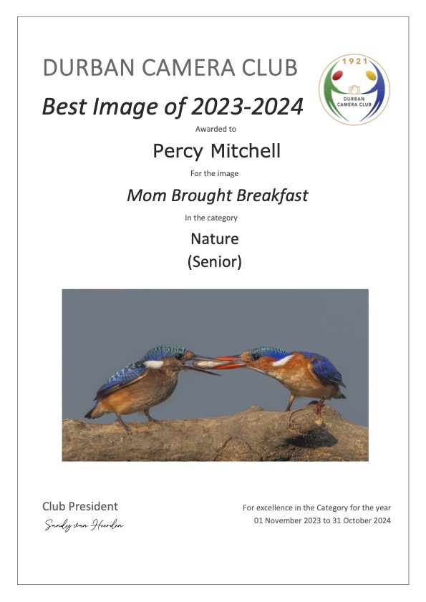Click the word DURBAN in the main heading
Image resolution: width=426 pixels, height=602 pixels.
pos(89,67)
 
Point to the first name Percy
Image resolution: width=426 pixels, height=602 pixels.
pos(178,151)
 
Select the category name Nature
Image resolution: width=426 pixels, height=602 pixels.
pos(214,239)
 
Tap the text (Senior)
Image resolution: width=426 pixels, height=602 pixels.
pos(214,262)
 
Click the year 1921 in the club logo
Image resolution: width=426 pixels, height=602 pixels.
pos(355,61)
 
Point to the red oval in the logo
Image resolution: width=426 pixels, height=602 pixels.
pos(338,75)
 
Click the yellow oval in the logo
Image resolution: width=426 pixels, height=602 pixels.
pos(371,75)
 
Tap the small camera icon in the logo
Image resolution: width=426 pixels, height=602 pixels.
pos(354,89)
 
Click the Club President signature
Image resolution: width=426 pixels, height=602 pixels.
pos(84,525)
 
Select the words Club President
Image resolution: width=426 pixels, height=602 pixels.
pos(80,506)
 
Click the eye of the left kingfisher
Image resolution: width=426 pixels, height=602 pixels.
pos(178,356)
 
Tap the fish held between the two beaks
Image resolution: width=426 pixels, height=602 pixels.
pos(206,364)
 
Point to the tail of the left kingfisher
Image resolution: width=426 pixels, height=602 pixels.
pos(92,412)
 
